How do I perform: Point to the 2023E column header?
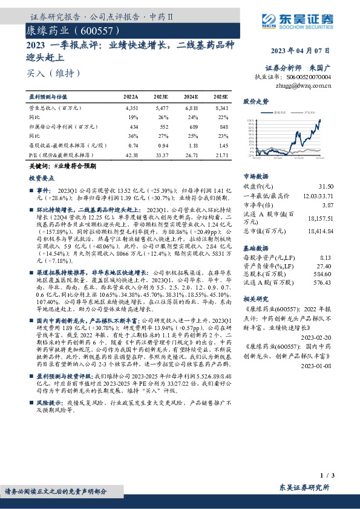point(160,97)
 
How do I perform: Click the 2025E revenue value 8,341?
point(221,107)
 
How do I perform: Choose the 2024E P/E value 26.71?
point(191,155)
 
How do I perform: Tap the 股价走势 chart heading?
point(256,101)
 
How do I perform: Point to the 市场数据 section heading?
point(256,177)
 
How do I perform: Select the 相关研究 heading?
point(256,300)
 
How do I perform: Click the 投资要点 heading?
point(42,179)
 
